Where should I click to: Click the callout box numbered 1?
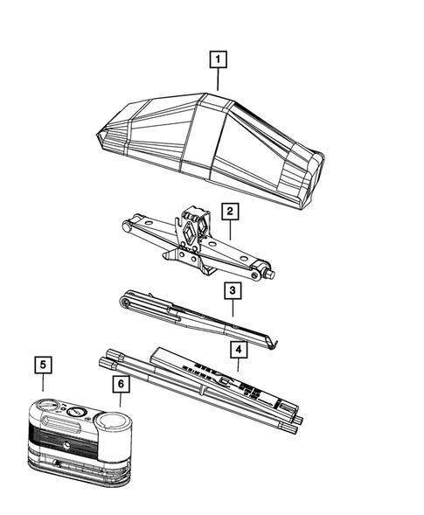click(218, 59)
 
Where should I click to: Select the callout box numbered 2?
click(230, 211)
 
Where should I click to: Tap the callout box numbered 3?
click(233, 290)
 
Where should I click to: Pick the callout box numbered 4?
click(239, 350)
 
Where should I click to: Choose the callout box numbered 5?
click(43, 365)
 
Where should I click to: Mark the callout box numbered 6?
click(121, 384)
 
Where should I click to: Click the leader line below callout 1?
click(218, 80)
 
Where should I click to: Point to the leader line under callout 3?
click(233, 308)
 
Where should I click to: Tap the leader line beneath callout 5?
click(43, 382)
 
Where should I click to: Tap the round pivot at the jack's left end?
click(126, 226)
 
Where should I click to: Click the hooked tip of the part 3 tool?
click(275, 344)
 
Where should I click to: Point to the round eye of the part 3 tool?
click(124, 303)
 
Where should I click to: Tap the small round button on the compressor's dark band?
click(67, 446)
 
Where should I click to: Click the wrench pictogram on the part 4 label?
click(225, 381)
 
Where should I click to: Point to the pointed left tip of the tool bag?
click(98, 135)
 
